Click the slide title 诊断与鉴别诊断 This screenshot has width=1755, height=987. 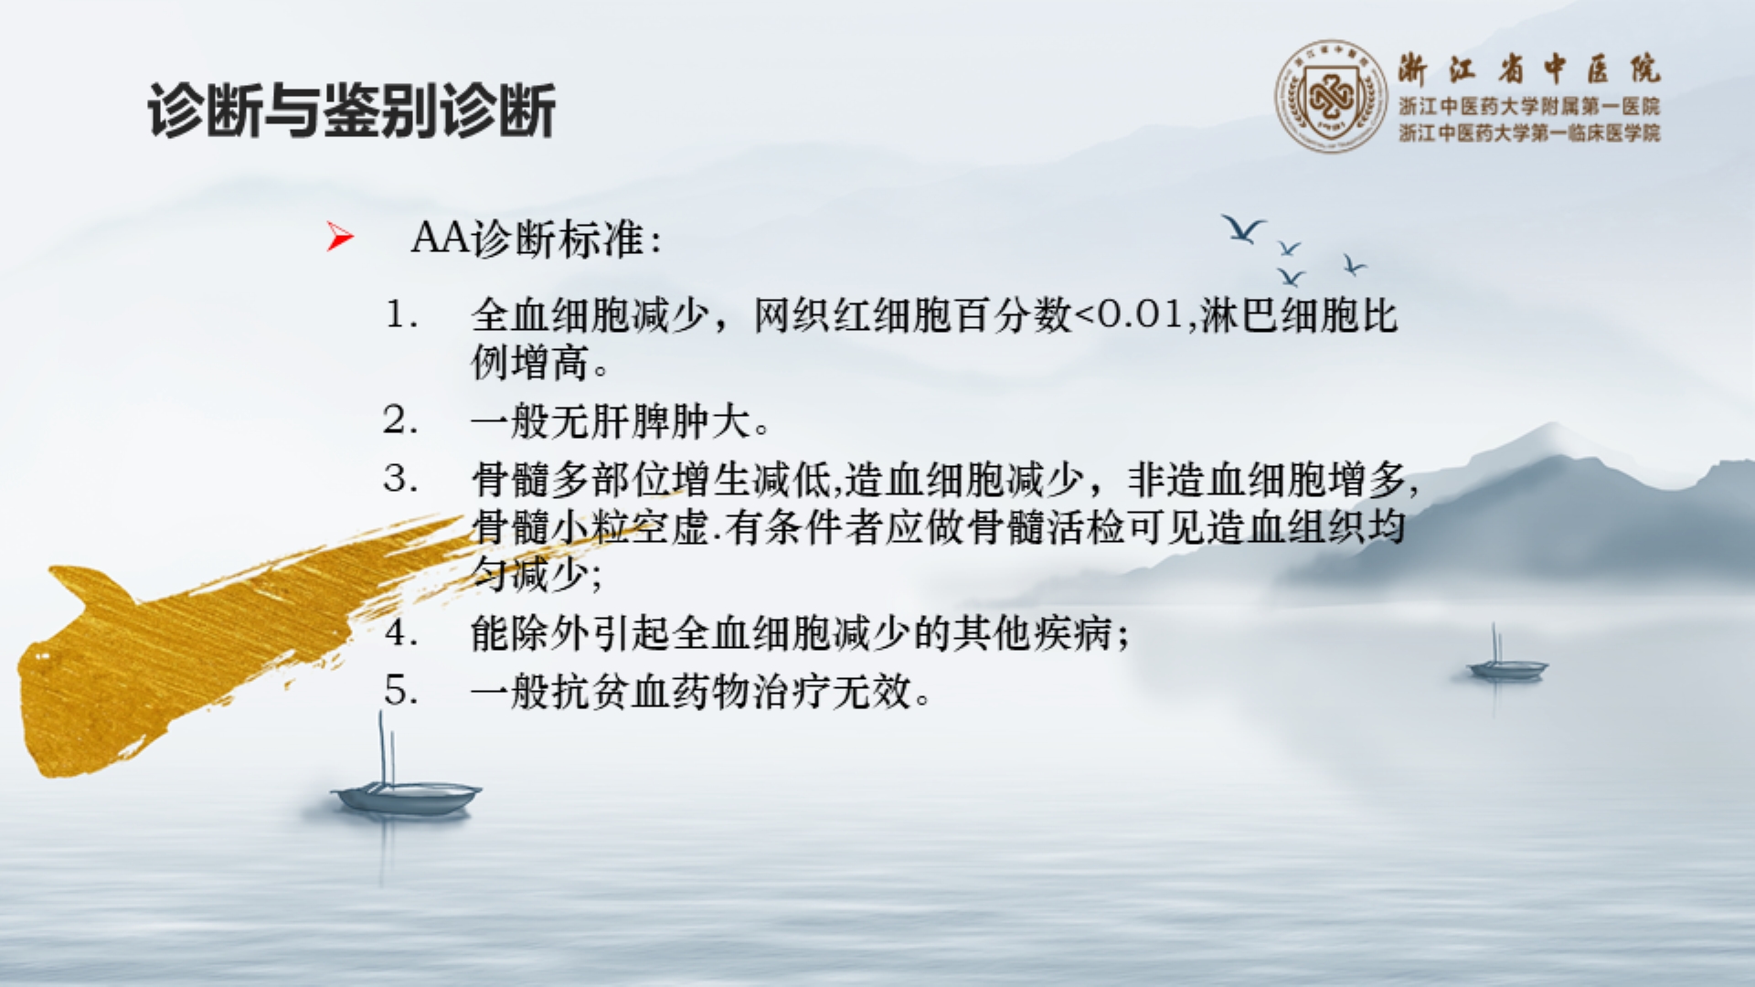click(x=352, y=111)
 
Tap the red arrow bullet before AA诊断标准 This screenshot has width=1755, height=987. click(x=339, y=237)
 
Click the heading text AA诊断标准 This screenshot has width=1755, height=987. click(x=536, y=239)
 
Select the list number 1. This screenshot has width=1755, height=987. click(x=400, y=315)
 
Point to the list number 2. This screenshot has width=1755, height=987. click(x=400, y=420)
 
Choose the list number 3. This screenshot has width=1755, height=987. click(x=400, y=478)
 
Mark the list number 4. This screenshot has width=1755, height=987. click(x=400, y=632)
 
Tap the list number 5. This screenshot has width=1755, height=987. click(x=400, y=690)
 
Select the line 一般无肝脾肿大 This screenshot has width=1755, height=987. click(x=620, y=421)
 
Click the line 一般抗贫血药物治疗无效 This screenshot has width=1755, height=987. click(x=700, y=691)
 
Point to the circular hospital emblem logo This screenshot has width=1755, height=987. click(x=1331, y=96)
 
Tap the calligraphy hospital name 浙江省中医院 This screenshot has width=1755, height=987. click(x=1528, y=69)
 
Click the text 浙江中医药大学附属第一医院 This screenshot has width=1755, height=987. click(x=1528, y=107)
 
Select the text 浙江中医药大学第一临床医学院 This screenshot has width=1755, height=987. click(x=1528, y=133)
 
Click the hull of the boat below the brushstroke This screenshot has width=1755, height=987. click(x=407, y=797)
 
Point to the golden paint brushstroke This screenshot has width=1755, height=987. click(x=183, y=649)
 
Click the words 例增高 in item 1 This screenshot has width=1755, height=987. click(x=530, y=363)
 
